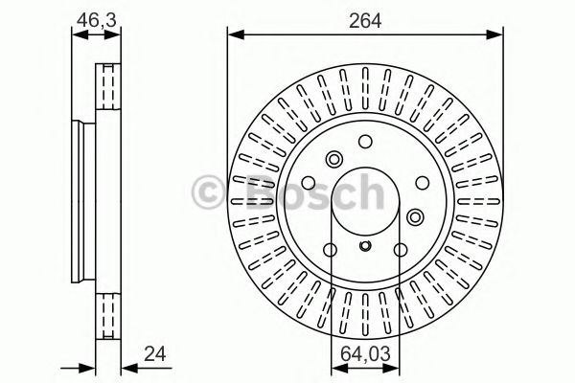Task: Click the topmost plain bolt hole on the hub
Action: [365, 141]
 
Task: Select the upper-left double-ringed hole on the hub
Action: [334, 160]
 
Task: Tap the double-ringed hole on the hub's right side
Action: [415, 215]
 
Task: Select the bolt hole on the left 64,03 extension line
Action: [331, 251]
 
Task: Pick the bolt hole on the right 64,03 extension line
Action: [400, 251]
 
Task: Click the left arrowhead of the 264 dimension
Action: [233, 34]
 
